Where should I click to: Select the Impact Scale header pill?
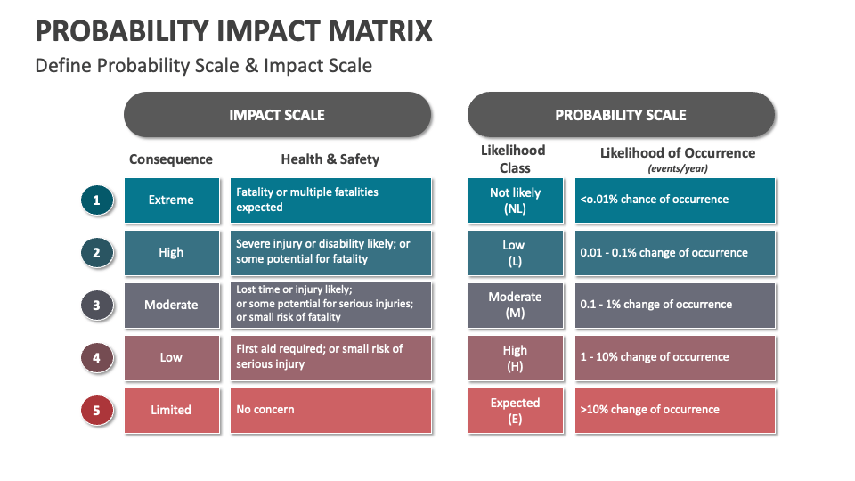[x=277, y=115]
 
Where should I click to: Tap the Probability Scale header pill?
[x=621, y=115]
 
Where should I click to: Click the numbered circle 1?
[x=96, y=200]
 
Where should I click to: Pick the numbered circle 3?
[x=96, y=306]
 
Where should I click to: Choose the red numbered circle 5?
[x=96, y=411]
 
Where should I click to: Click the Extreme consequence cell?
[x=171, y=200]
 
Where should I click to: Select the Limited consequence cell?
[x=171, y=411]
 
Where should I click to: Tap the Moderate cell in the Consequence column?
[x=171, y=306]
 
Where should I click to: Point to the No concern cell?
[x=330, y=411]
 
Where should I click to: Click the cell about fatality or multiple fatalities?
[x=330, y=200]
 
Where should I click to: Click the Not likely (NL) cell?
[x=515, y=200]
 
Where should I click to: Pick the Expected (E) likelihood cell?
[x=515, y=411]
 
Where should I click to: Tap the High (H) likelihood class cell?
[x=515, y=358]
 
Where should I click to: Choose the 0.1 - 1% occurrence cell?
[x=674, y=306]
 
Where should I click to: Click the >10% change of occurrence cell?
[x=674, y=411]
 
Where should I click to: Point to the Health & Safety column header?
[x=330, y=159]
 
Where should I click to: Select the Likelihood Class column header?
[x=515, y=159]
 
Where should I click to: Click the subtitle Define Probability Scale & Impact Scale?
[x=203, y=66]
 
